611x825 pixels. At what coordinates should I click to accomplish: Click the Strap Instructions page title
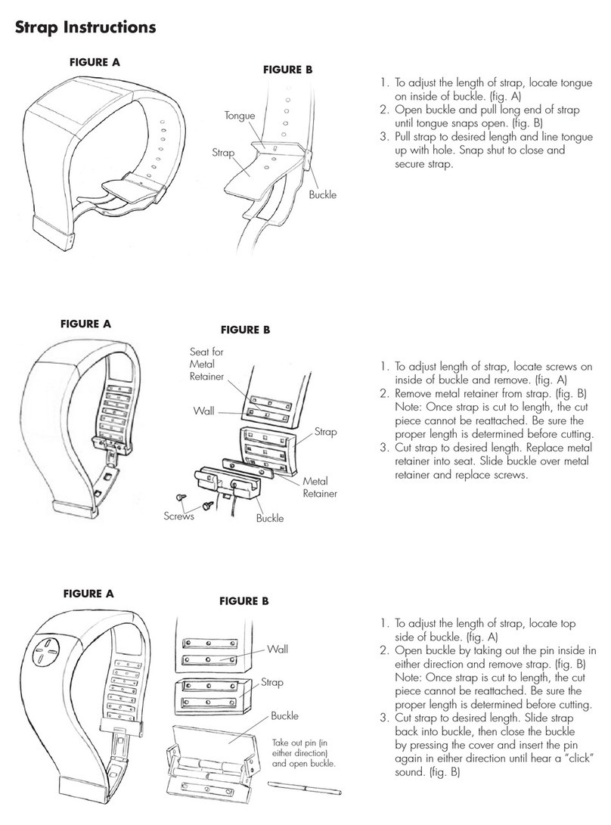click(85, 28)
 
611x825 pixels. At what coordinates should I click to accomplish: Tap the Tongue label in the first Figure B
click(240, 116)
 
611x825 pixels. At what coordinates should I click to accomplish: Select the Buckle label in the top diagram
click(322, 195)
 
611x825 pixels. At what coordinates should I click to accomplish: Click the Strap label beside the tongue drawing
click(222, 153)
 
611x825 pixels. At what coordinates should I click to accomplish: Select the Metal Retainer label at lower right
click(318, 488)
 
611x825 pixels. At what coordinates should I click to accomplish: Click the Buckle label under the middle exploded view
click(269, 519)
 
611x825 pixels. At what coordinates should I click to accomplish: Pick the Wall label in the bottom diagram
click(278, 649)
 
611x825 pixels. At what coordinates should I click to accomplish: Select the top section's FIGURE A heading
click(91, 63)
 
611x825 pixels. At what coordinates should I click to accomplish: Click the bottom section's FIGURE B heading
click(243, 602)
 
